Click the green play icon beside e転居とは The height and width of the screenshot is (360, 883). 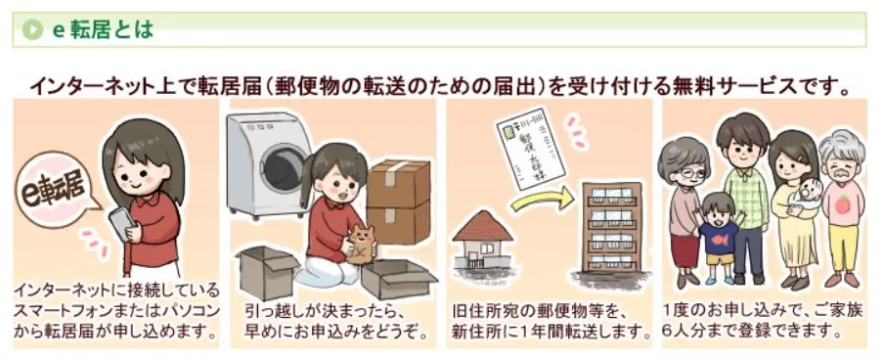[32, 30]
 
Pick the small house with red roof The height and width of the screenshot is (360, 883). [482, 240]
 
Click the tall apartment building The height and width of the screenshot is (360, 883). [612, 227]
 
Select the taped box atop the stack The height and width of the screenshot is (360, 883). [398, 184]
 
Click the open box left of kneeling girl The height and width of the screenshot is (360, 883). [267, 271]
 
